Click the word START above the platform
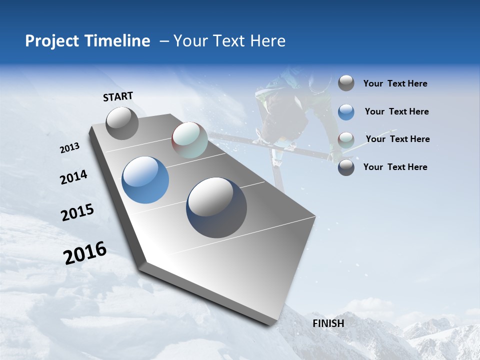click(x=118, y=96)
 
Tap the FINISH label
click(x=328, y=323)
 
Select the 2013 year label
click(x=70, y=148)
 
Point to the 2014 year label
click(x=73, y=177)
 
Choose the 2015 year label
click(x=77, y=212)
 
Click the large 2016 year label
click(x=85, y=253)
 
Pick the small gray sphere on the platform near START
click(x=122, y=123)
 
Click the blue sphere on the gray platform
click(x=145, y=180)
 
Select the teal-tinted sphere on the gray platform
click(x=189, y=140)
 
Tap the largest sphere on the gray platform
click(x=216, y=207)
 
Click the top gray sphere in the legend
click(x=346, y=83)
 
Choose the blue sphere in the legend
click(x=346, y=112)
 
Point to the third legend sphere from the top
click(x=346, y=140)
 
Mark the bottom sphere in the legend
click(x=346, y=167)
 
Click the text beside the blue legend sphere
click(x=396, y=111)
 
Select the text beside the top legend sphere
click(x=395, y=83)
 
